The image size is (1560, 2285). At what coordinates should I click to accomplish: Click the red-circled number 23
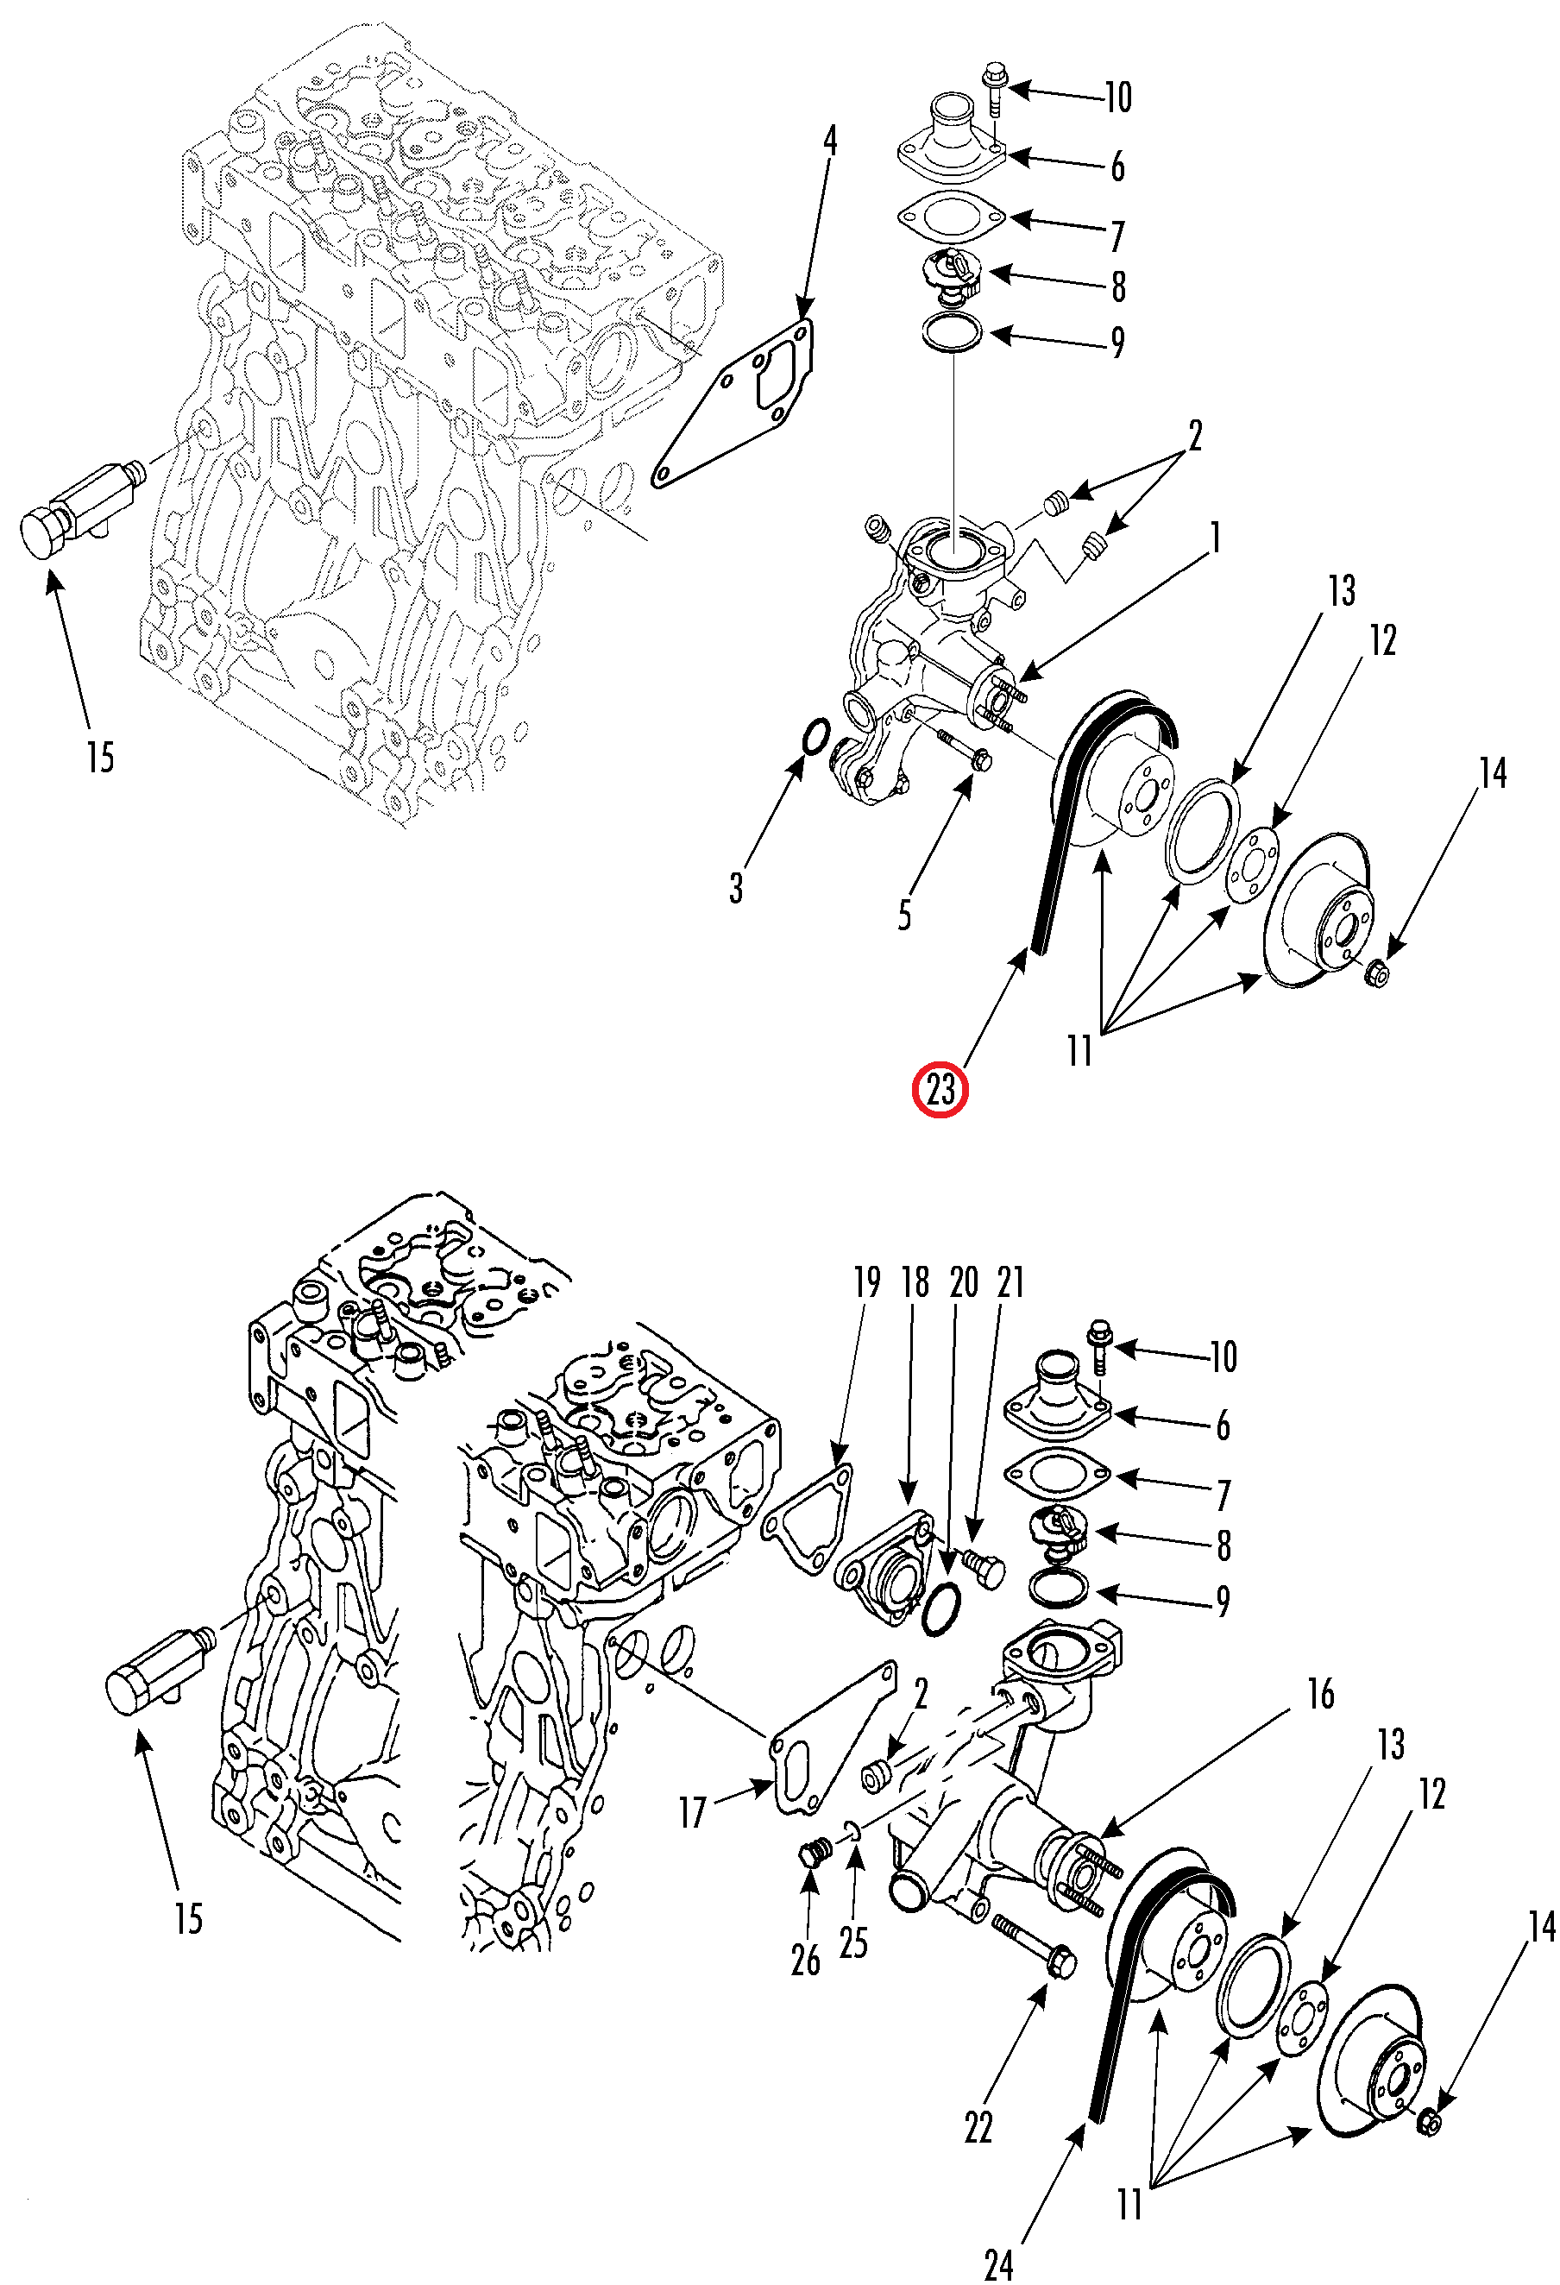pos(940,1089)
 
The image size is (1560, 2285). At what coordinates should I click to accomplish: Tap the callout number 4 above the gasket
pos(830,142)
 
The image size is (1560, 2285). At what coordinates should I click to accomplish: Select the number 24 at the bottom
pos(998,2257)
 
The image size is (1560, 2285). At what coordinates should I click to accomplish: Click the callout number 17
pos(692,1812)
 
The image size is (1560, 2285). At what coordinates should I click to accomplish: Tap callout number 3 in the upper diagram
pos(736,888)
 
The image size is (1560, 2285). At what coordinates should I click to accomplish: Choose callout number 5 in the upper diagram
pos(904,916)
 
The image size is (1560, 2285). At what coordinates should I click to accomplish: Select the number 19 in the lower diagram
pos(866,1282)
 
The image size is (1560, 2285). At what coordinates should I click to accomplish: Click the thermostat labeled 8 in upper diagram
pos(951,276)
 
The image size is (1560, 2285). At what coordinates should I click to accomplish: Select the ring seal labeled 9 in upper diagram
pos(952,332)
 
